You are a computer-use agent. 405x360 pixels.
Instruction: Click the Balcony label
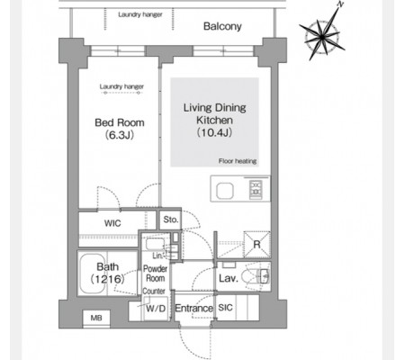[x=222, y=26]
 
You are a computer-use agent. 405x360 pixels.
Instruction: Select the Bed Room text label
[x=120, y=122]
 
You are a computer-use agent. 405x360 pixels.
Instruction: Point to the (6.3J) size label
[x=120, y=135]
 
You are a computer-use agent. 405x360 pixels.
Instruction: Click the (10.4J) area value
[x=214, y=132]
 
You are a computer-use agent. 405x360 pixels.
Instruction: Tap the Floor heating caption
[x=238, y=161]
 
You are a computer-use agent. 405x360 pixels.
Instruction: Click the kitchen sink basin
[x=225, y=191]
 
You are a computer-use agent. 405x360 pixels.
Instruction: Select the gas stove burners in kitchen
[x=256, y=189]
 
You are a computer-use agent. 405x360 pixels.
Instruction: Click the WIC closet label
[x=112, y=223]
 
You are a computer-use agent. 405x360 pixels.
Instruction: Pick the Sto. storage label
[x=171, y=220]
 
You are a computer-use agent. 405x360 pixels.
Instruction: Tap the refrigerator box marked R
[x=256, y=244]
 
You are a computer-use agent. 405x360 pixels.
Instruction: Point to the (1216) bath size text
[x=107, y=279]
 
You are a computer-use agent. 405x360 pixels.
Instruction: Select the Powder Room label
[x=155, y=273]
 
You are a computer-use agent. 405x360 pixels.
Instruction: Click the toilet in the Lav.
[x=256, y=275]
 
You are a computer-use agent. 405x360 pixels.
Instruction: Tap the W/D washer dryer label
[x=156, y=308]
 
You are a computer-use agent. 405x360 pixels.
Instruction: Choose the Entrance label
[x=193, y=308]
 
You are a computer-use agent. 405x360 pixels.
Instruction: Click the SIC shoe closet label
[x=225, y=308]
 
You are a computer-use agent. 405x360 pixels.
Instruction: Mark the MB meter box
[x=96, y=318]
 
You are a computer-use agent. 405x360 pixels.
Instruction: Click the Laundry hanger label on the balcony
[x=140, y=14]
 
